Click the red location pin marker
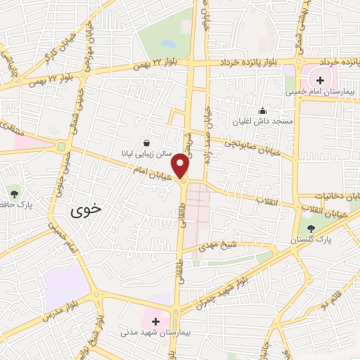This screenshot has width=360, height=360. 181,165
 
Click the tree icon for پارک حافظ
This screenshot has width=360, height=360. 15,192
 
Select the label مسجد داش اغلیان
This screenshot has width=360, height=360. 263,122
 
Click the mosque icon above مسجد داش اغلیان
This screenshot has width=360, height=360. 263,110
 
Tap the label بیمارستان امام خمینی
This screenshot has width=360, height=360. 316,90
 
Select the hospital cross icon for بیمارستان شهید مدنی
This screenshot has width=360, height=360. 155,321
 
